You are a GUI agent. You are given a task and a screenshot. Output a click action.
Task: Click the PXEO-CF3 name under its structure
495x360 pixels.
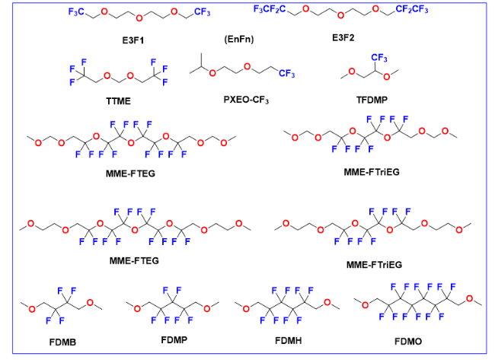(x=246, y=100)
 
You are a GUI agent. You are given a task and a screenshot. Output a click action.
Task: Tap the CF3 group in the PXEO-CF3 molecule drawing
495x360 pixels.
(x=287, y=73)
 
